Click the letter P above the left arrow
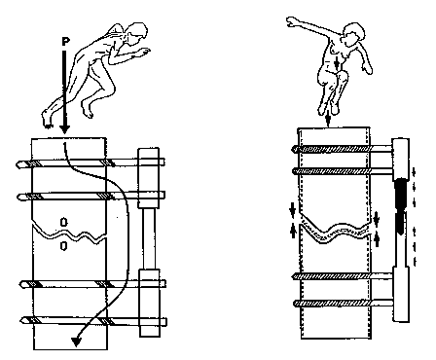pyautogui.click(x=66, y=42)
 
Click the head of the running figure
pyautogui.click(x=136, y=32)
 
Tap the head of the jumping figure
pyautogui.click(x=353, y=34)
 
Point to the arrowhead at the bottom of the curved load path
pyautogui.click(x=77, y=342)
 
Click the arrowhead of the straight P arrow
pyautogui.click(x=65, y=128)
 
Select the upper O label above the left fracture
pyautogui.click(x=64, y=222)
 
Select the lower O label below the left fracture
pyautogui.click(x=64, y=246)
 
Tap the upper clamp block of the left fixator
pyautogui.click(x=149, y=178)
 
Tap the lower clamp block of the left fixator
pyautogui.click(x=150, y=304)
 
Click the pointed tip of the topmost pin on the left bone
pyautogui.click(x=18, y=164)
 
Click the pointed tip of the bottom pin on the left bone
pyautogui.click(x=22, y=320)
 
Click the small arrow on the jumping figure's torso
pyautogui.click(x=337, y=63)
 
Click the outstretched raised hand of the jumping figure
pyautogui.click(x=292, y=22)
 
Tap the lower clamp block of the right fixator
pyautogui.click(x=401, y=294)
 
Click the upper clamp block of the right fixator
pyautogui.click(x=401, y=160)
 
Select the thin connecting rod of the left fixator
pyautogui.click(x=149, y=238)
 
